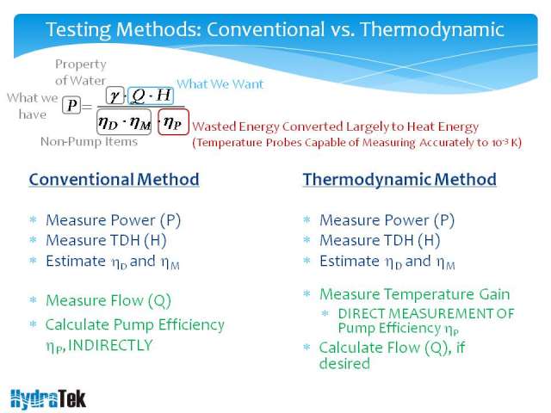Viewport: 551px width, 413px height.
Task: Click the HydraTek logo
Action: [x=48, y=399]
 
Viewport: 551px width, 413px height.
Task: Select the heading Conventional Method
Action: [x=114, y=180]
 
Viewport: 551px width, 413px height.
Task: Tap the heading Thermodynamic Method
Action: [x=399, y=180]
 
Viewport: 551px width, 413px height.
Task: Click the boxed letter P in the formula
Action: [x=71, y=105]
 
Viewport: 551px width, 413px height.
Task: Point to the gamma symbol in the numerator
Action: [x=115, y=96]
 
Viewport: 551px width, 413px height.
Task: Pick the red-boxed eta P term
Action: [x=173, y=122]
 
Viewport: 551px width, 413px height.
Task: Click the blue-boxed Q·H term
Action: [x=151, y=96]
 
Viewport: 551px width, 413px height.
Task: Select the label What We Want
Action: [x=220, y=84]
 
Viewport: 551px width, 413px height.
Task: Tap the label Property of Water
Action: [x=80, y=72]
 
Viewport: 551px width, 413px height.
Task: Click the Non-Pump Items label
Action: [x=89, y=141]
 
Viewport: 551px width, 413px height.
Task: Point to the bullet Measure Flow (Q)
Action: [x=108, y=300]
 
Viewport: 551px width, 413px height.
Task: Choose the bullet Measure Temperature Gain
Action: [x=415, y=294]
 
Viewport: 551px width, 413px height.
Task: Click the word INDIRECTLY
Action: [x=110, y=345]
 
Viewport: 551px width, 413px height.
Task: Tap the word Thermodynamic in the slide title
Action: [x=432, y=29]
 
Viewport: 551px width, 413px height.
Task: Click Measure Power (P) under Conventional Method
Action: [x=113, y=220]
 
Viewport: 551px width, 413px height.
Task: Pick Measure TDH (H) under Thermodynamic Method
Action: [x=380, y=241]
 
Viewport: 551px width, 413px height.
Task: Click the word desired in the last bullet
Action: [x=344, y=363]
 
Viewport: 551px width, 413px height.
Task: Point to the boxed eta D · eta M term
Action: [x=124, y=122]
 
